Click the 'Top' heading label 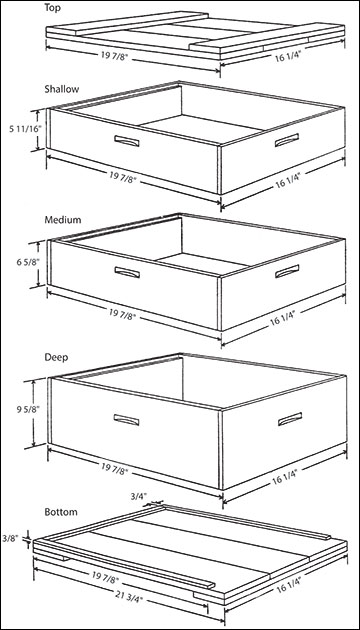[x=53, y=8]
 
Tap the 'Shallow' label [x=61, y=89]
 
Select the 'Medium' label [x=63, y=220]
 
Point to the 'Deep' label [x=56, y=357]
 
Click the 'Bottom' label [x=61, y=512]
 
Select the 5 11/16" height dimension [x=18, y=130]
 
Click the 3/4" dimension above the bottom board [x=137, y=496]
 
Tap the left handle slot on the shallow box [x=127, y=141]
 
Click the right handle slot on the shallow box [x=287, y=140]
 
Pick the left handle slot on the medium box [x=127, y=272]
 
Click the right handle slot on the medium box [x=287, y=271]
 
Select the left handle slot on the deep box [x=127, y=420]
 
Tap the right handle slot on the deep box [x=290, y=419]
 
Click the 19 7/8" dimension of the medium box [x=122, y=314]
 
